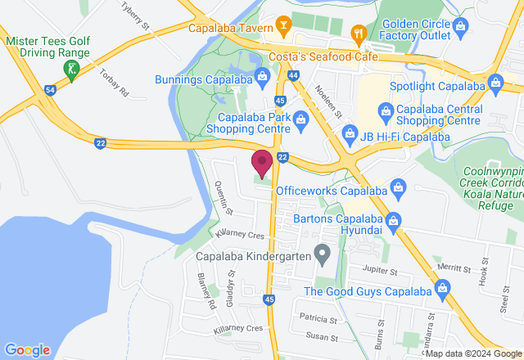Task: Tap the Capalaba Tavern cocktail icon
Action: click(283, 25)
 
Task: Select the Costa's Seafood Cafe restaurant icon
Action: click(358, 34)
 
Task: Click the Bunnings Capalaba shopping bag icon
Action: click(262, 79)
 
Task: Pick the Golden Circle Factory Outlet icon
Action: click(460, 25)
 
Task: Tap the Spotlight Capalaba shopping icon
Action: click(495, 83)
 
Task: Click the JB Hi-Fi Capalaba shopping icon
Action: click(350, 132)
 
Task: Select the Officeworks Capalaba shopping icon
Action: click(397, 188)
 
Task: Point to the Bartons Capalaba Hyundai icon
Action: click(394, 220)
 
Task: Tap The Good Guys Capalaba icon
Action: click(443, 287)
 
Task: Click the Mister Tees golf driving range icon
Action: click(73, 70)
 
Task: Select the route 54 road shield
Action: click(51, 88)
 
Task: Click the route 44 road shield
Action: click(294, 75)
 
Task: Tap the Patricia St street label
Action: click(318, 318)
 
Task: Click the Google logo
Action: click(27, 349)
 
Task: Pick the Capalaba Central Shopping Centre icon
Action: click(385, 110)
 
